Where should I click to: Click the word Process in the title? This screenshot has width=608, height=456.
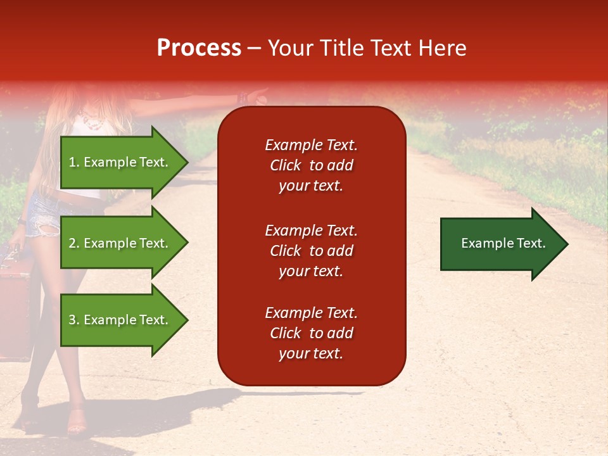point(199,48)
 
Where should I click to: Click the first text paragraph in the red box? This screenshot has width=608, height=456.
point(311,165)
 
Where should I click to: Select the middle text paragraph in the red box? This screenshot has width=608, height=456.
point(311,251)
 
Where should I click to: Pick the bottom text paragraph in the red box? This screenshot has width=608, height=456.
point(311,333)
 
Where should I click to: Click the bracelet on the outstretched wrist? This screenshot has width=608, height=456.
point(242,98)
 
